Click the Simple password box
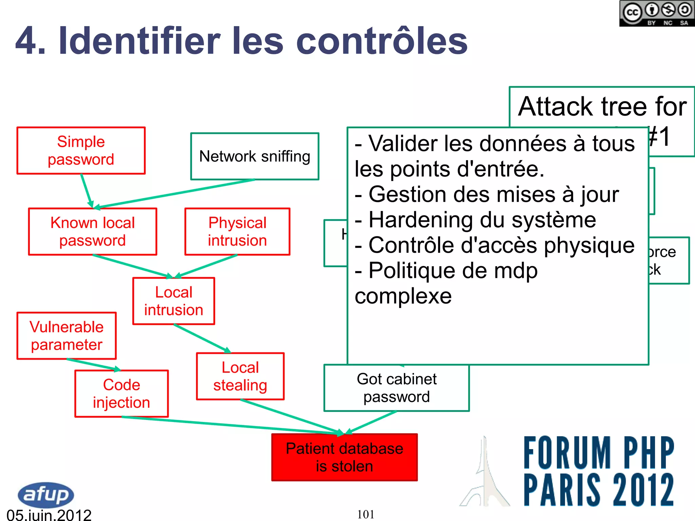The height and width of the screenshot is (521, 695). (81, 151)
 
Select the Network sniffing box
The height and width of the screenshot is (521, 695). (255, 156)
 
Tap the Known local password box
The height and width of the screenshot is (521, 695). (93, 232)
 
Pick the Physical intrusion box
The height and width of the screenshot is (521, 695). (237, 232)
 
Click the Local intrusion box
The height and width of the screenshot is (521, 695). (174, 301)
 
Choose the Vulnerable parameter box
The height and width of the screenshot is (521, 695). (67, 336)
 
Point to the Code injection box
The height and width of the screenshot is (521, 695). (121, 393)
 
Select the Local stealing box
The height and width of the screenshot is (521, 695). (240, 377)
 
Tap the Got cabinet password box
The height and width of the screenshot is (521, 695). (396, 388)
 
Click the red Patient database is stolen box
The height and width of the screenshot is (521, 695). (344, 457)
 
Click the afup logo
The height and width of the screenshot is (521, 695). (45, 495)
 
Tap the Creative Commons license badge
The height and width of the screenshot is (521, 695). (657, 14)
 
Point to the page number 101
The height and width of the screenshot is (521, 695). (365, 515)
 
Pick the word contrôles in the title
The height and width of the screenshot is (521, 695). (382, 41)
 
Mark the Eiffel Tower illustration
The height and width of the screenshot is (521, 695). (485, 475)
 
